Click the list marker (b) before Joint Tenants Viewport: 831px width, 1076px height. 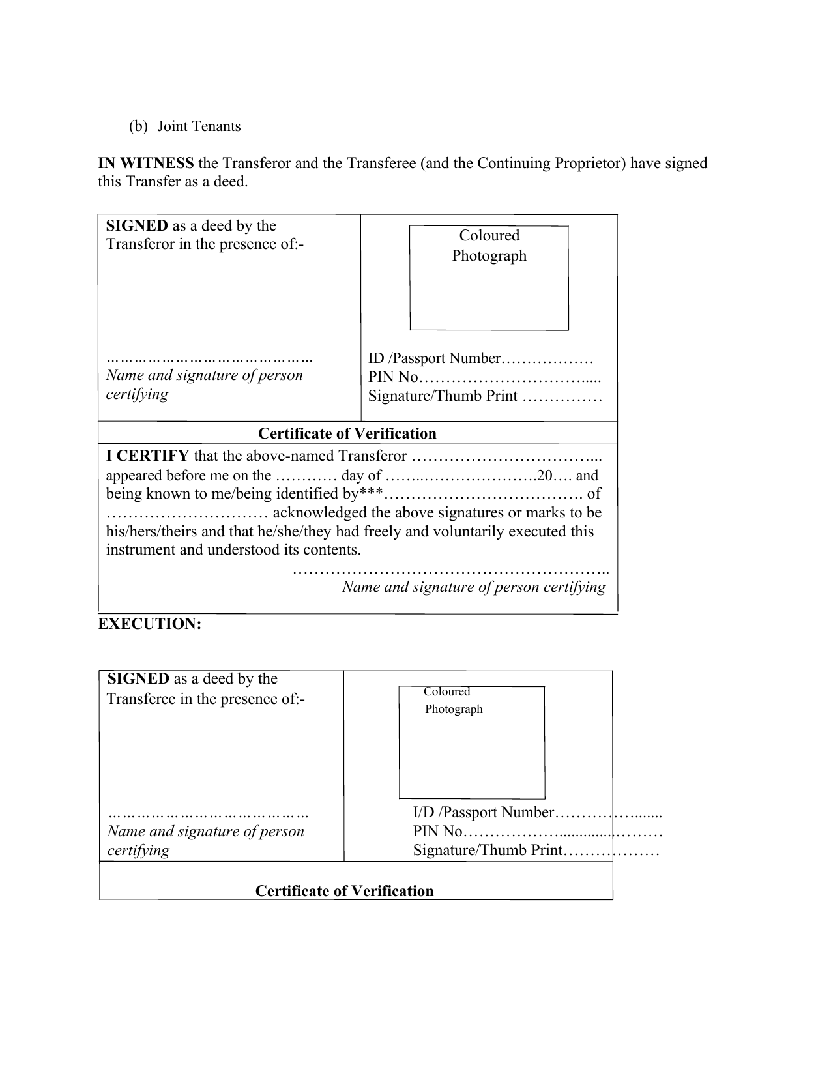tap(138, 126)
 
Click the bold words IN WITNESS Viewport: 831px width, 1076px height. tap(145, 163)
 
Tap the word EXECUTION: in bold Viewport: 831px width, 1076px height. tap(150, 624)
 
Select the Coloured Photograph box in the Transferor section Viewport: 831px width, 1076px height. tap(489, 278)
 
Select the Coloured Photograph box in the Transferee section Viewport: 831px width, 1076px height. tap(471, 742)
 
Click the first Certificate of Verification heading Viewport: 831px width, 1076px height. tap(347, 434)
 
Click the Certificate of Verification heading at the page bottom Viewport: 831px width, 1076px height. tap(344, 892)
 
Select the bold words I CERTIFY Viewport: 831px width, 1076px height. tap(147, 456)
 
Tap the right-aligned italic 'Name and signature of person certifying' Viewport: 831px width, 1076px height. tap(473, 587)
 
